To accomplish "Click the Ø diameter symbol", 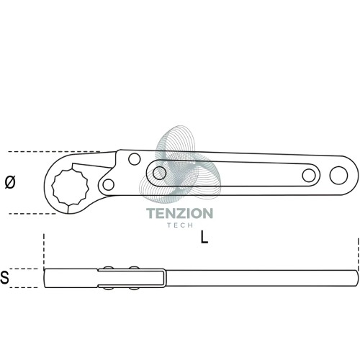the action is tap(10, 182).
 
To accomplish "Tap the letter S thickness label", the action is tap(5, 277).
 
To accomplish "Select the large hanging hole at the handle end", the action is tap(338, 175).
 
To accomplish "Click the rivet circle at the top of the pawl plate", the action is tap(135, 159).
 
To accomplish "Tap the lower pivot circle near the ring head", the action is tap(108, 185).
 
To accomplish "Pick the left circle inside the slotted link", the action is tap(159, 173).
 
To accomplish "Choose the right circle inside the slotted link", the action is tap(309, 175).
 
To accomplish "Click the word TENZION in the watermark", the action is tap(180, 213).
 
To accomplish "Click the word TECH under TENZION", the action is tap(180, 225).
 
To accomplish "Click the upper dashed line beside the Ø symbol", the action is tap(54, 152).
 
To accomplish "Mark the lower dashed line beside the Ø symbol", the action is tap(32, 213).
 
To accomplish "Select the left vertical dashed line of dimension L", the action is tap(44, 251).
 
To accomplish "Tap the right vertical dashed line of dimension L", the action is tap(358, 254).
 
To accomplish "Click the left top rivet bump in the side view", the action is tap(109, 268).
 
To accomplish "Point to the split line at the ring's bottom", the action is tap(68, 209).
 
